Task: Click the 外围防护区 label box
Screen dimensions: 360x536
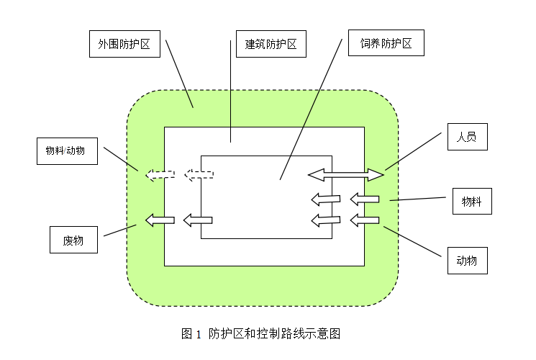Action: point(124,44)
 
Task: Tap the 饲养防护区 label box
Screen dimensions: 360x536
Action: point(386,43)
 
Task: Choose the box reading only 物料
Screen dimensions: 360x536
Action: point(472,201)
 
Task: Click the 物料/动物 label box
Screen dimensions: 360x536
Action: point(66,150)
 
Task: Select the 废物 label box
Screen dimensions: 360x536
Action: point(73,240)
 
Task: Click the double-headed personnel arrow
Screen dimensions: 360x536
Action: point(346,174)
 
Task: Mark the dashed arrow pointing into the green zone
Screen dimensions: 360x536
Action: point(160,174)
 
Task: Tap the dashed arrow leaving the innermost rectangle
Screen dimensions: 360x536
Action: point(199,174)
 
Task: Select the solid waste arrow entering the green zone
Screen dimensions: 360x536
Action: point(160,220)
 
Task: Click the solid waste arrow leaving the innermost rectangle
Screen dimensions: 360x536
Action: point(198,220)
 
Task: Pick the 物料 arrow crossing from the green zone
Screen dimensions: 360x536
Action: point(364,199)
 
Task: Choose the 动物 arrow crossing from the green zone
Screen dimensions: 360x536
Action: point(364,220)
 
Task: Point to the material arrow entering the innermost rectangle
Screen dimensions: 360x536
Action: point(326,199)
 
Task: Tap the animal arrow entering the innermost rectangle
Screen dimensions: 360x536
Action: point(326,220)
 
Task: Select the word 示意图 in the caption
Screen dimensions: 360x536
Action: point(324,334)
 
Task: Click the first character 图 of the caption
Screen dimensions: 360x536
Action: point(187,334)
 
